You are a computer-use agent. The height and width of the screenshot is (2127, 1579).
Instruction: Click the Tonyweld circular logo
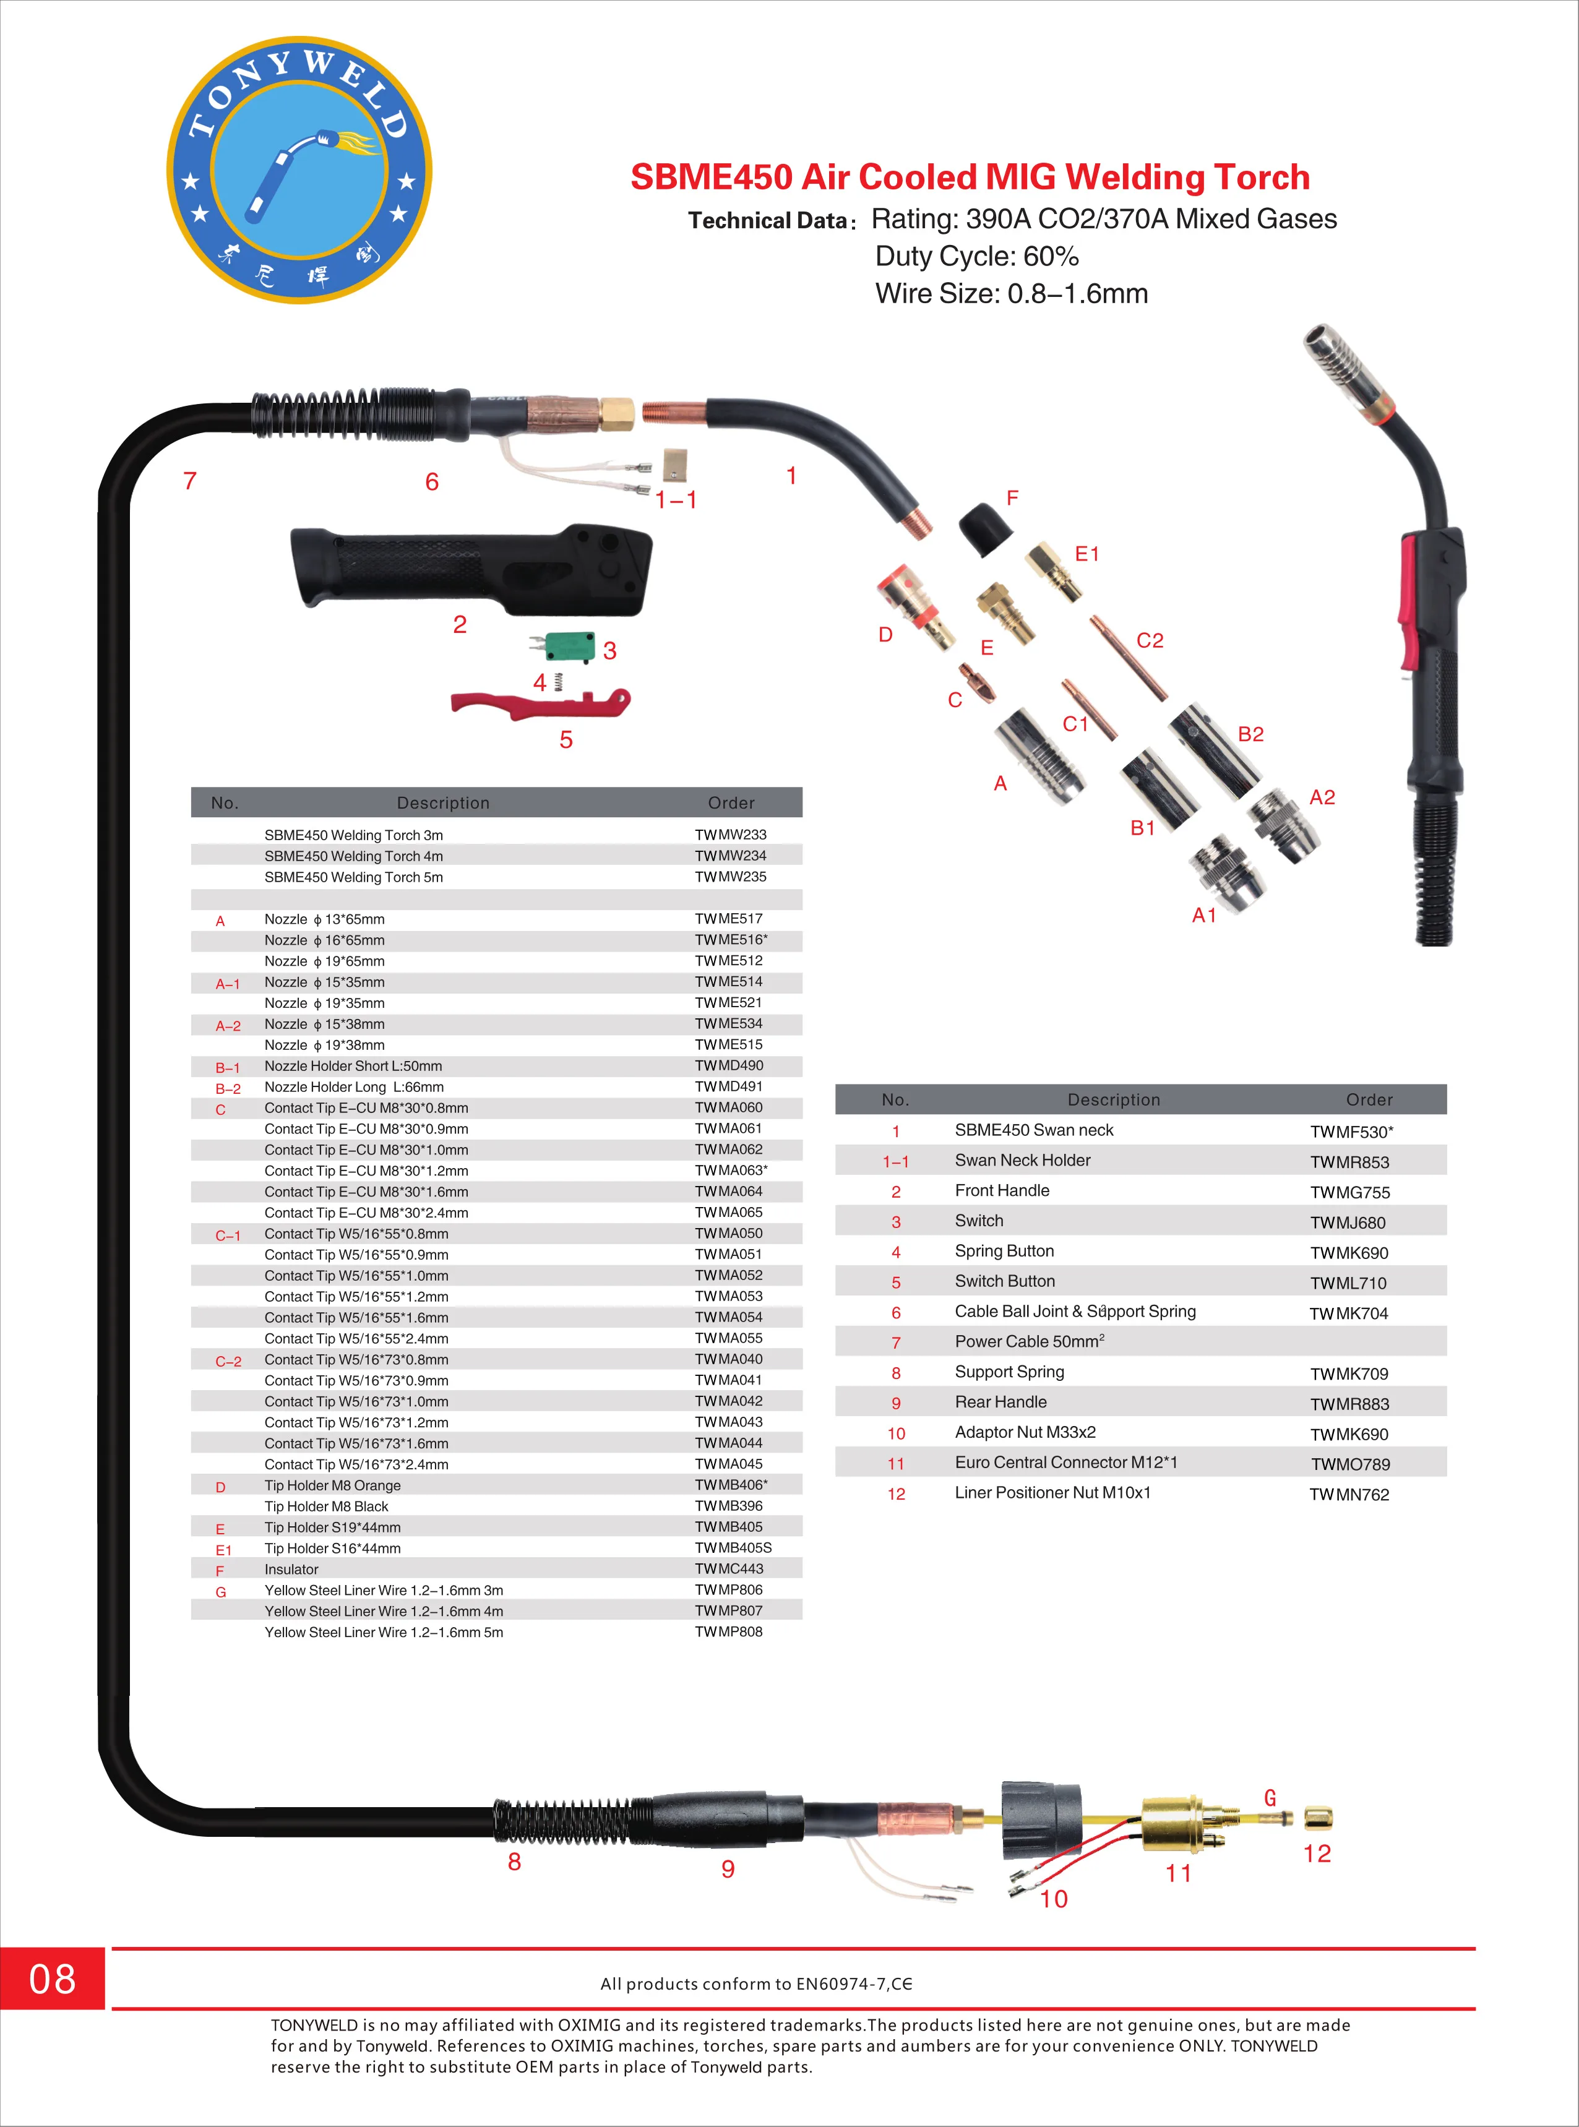[x=299, y=171]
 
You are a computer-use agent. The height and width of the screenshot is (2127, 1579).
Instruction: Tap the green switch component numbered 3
[x=570, y=647]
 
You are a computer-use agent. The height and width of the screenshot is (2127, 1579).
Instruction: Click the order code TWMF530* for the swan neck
[x=1351, y=1132]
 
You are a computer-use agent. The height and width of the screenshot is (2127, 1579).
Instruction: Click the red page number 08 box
[x=51, y=1979]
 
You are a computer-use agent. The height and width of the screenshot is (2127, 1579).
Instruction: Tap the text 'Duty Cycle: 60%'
[x=977, y=257]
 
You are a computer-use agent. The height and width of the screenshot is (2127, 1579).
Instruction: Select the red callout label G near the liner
[x=1270, y=1798]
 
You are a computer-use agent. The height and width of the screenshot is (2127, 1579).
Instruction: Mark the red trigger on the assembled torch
[x=1409, y=602]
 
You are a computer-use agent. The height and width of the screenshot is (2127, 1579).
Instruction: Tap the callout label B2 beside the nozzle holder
[x=1250, y=734]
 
